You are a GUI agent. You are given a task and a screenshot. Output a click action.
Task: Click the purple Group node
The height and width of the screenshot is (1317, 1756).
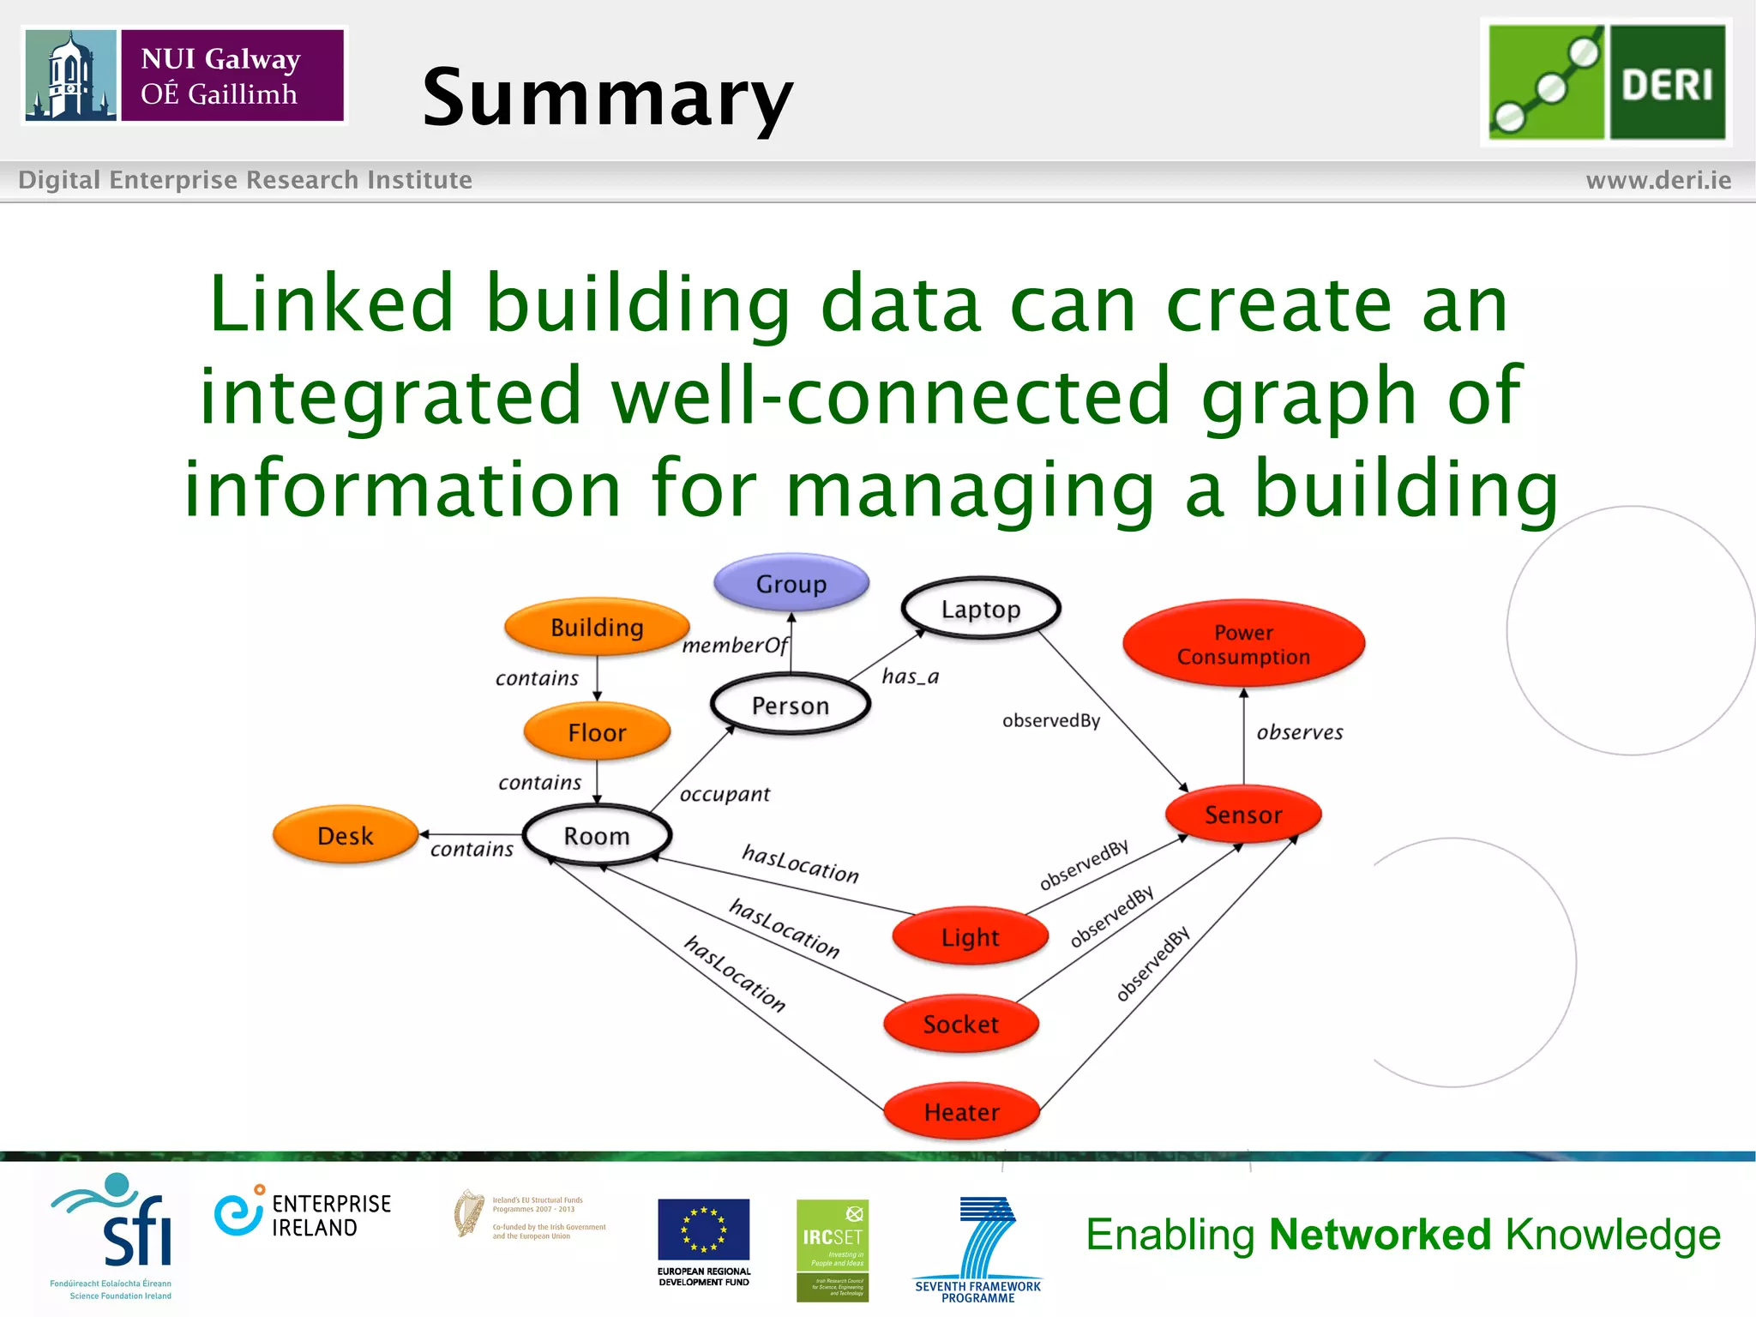pyautogui.click(x=791, y=583)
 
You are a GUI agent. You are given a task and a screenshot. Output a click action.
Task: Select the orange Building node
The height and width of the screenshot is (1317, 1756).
pyautogui.click(x=597, y=627)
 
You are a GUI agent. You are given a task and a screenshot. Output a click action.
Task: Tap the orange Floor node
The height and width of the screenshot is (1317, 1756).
pyautogui.click(x=597, y=732)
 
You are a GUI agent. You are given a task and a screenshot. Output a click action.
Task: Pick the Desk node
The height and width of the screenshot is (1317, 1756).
pyautogui.click(x=346, y=835)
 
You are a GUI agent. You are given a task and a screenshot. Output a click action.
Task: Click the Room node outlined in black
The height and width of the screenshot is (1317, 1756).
pyautogui.click(x=597, y=835)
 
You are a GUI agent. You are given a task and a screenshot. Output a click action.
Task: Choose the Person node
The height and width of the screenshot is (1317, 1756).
pyautogui.click(x=791, y=705)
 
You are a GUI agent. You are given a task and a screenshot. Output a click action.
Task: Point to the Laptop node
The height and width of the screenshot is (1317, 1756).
pyautogui.click(x=981, y=609)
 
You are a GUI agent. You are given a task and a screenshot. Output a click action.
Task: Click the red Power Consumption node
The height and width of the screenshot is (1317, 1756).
pyautogui.click(x=1243, y=644)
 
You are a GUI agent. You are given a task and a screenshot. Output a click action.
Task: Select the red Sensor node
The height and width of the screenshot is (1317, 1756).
pyautogui.click(x=1243, y=815)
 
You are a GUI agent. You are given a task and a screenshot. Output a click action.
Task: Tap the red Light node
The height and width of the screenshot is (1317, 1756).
pyautogui.click(x=970, y=936)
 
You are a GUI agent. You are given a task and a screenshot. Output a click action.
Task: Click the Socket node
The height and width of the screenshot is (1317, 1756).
pyautogui.click(x=960, y=1024)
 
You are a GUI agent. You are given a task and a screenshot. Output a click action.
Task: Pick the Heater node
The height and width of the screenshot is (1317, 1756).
pyautogui.click(x=961, y=1112)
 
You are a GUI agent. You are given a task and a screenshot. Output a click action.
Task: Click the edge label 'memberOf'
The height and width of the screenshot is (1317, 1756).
pyautogui.click(x=734, y=646)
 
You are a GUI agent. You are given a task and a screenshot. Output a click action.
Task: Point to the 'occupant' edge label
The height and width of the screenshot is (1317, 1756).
pyautogui.click(x=725, y=794)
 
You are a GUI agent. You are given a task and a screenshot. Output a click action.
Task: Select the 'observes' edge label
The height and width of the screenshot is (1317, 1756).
pyautogui.click(x=1300, y=732)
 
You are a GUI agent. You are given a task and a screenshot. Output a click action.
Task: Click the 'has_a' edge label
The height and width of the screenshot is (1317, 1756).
pyautogui.click(x=911, y=677)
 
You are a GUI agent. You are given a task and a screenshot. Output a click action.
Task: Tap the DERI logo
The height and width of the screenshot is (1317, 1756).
pyautogui.click(x=1606, y=82)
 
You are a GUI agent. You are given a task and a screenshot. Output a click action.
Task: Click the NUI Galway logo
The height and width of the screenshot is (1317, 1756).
pyautogui.click(x=184, y=75)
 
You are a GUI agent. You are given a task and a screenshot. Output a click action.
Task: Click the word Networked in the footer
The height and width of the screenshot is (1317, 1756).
pyautogui.click(x=1380, y=1235)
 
